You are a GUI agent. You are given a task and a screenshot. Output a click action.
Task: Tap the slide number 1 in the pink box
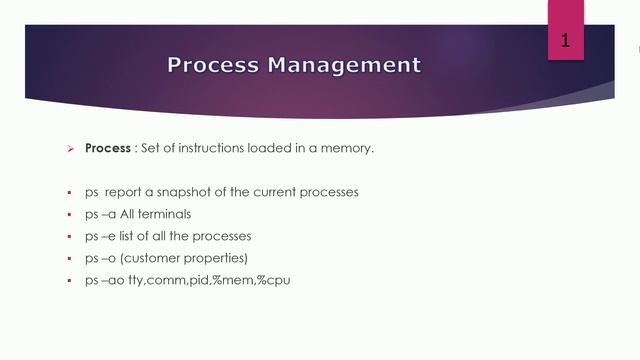pos(565,41)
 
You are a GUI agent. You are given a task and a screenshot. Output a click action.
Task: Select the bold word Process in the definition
pos(108,148)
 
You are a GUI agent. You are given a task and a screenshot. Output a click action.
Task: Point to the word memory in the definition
pos(349,148)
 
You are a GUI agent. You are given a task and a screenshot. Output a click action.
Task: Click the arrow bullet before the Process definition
pos(70,149)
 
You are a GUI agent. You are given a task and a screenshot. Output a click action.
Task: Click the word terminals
pos(163,214)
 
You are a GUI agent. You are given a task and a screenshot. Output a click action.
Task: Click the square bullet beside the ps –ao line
pos(70,281)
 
